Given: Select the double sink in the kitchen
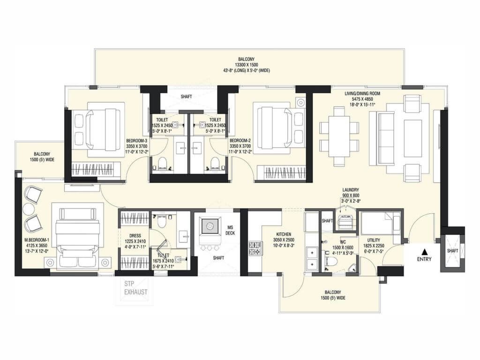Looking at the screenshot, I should [x=311, y=259].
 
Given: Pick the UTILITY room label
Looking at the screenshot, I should [x=374, y=240].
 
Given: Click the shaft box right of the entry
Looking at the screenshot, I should [x=452, y=250].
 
